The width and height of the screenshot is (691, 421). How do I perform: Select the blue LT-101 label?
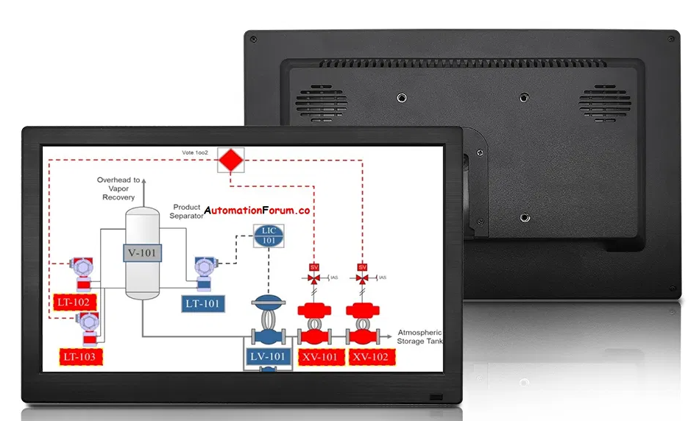pos(202,303)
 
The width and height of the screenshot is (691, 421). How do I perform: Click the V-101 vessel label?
pos(142,252)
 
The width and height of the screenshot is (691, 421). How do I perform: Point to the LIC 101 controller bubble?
pos(269,236)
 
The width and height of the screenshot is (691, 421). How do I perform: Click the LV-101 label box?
pos(268,358)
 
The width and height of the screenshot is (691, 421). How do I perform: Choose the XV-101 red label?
pos(319,358)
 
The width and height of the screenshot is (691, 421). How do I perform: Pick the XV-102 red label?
pos(369,358)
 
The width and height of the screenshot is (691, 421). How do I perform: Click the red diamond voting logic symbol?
pos(231,158)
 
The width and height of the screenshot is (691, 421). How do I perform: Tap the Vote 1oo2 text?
pos(196,153)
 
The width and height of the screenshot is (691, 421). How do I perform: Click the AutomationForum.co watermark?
pos(258,210)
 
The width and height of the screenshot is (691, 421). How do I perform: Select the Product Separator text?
pos(187,211)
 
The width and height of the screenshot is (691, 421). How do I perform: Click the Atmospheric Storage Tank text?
pos(419,336)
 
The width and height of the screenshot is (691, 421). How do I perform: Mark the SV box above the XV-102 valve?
pos(362,266)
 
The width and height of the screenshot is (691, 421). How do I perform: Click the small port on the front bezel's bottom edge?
pos(436,397)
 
